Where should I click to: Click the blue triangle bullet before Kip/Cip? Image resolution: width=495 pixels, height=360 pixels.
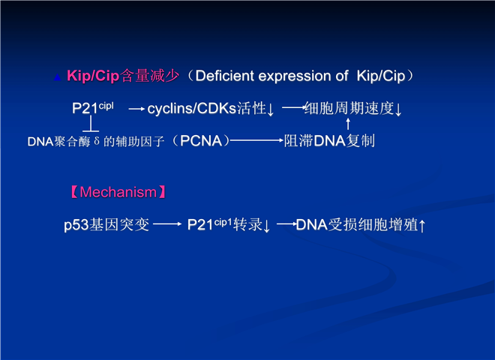pyautogui.click(x=57, y=77)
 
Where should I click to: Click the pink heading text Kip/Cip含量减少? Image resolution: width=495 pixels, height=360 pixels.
pyautogui.click(x=123, y=76)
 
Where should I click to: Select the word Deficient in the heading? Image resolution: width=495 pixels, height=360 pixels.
pyautogui.click(x=225, y=76)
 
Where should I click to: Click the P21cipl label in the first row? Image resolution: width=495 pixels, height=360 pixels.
pyautogui.click(x=92, y=108)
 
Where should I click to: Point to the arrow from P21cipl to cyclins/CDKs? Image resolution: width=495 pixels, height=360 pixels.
pyautogui.click(x=136, y=109)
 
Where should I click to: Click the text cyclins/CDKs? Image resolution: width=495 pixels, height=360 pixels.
pyautogui.click(x=191, y=109)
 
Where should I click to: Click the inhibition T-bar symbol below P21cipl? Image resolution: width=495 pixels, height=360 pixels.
pyautogui.click(x=91, y=124)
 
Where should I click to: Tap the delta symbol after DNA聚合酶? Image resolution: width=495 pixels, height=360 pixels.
pyautogui.click(x=97, y=141)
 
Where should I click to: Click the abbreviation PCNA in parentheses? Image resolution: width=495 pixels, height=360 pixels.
pyautogui.click(x=201, y=141)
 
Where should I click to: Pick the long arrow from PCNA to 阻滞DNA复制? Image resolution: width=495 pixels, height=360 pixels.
pyautogui.click(x=256, y=140)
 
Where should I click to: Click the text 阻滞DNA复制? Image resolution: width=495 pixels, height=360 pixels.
pyautogui.click(x=329, y=141)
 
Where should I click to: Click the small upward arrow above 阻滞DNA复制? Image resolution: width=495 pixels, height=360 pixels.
pyautogui.click(x=348, y=124)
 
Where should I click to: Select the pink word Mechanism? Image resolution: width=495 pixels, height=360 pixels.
pyautogui.click(x=118, y=192)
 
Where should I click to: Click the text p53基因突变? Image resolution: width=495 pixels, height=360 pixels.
pyautogui.click(x=106, y=225)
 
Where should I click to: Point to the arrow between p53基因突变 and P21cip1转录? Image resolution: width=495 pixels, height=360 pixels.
pyautogui.click(x=167, y=224)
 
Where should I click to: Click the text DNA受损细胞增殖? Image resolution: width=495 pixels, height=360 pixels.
pyautogui.click(x=357, y=225)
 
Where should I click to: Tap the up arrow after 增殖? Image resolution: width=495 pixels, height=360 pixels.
pyautogui.click(x=422, y=226)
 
